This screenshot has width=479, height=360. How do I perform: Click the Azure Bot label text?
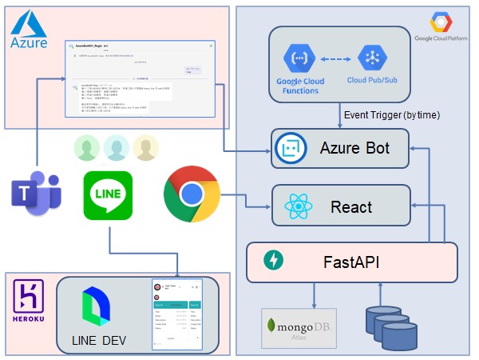pos(353,147)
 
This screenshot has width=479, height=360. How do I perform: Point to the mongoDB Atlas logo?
pos(299,328)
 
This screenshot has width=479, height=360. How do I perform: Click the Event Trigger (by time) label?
pos(392,114)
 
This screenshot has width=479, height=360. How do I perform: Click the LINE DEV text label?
pos(99,341)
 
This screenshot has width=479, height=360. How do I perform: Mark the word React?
pos(351,207)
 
